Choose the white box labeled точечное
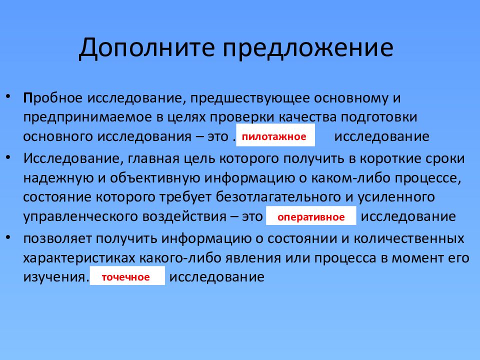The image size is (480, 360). (126, 276)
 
